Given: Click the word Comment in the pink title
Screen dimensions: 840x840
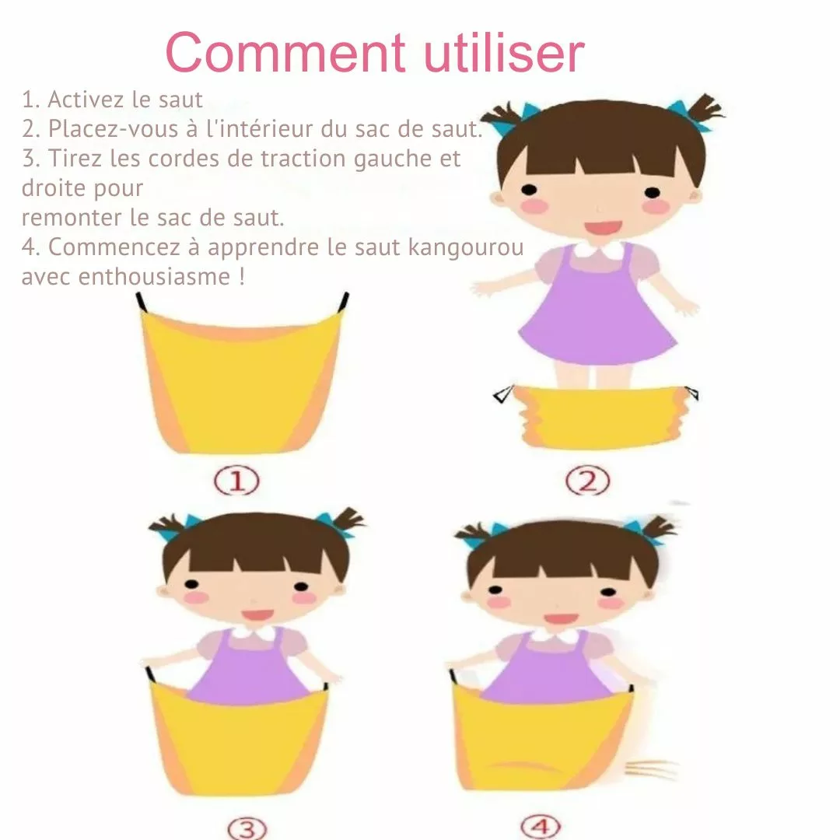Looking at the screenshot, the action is coord(285,53).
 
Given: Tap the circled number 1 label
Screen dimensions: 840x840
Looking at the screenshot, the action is coord(236,481).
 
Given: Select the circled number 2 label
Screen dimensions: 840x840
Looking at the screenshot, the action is coord(588,481).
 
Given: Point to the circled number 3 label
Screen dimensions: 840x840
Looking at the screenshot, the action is coord(247,828).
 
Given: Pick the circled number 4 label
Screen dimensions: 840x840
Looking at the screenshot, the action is coord(541,827).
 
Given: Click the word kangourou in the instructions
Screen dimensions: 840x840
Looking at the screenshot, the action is coord(466,247).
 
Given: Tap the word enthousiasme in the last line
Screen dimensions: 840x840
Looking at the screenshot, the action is coord(154,276).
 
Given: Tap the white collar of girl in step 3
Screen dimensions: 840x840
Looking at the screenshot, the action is coord(253,633).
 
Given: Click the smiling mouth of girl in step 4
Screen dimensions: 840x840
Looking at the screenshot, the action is coord(560,619).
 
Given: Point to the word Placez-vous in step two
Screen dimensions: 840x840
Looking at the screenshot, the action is coord(113,129).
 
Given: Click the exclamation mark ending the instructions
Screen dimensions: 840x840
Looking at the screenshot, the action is coord(242,276).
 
